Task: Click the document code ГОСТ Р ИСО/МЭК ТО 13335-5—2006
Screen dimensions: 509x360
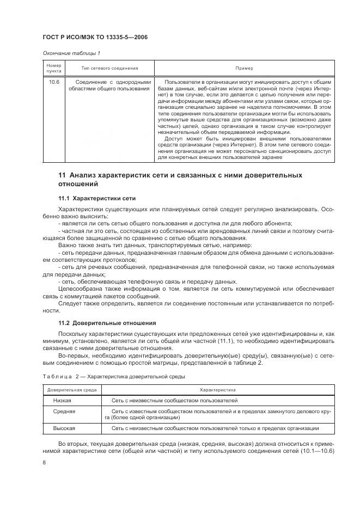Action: tap(95, 38)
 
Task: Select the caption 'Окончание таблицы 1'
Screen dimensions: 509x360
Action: tap(71, 53)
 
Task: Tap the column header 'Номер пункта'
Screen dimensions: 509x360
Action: tap(53, 68)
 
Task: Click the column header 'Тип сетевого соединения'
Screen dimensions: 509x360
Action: tap(109, 68)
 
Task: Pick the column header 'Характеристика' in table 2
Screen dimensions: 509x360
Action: tap(217, 390)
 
